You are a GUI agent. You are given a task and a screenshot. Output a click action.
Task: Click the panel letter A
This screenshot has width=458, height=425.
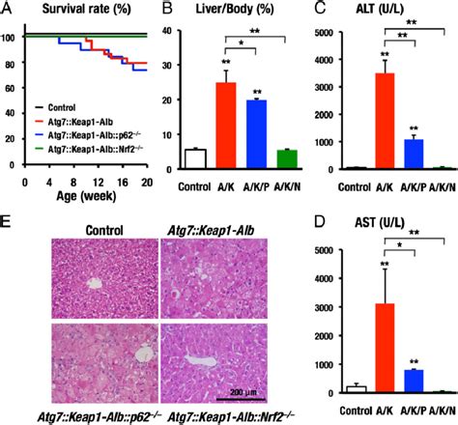pos(8,9)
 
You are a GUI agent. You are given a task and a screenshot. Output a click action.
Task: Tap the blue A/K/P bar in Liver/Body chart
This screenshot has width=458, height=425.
pos(257,134)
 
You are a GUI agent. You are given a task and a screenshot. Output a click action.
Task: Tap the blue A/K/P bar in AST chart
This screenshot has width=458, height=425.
pos(414,382)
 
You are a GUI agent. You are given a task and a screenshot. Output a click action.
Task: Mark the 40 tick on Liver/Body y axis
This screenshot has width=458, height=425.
pos(171,33)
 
